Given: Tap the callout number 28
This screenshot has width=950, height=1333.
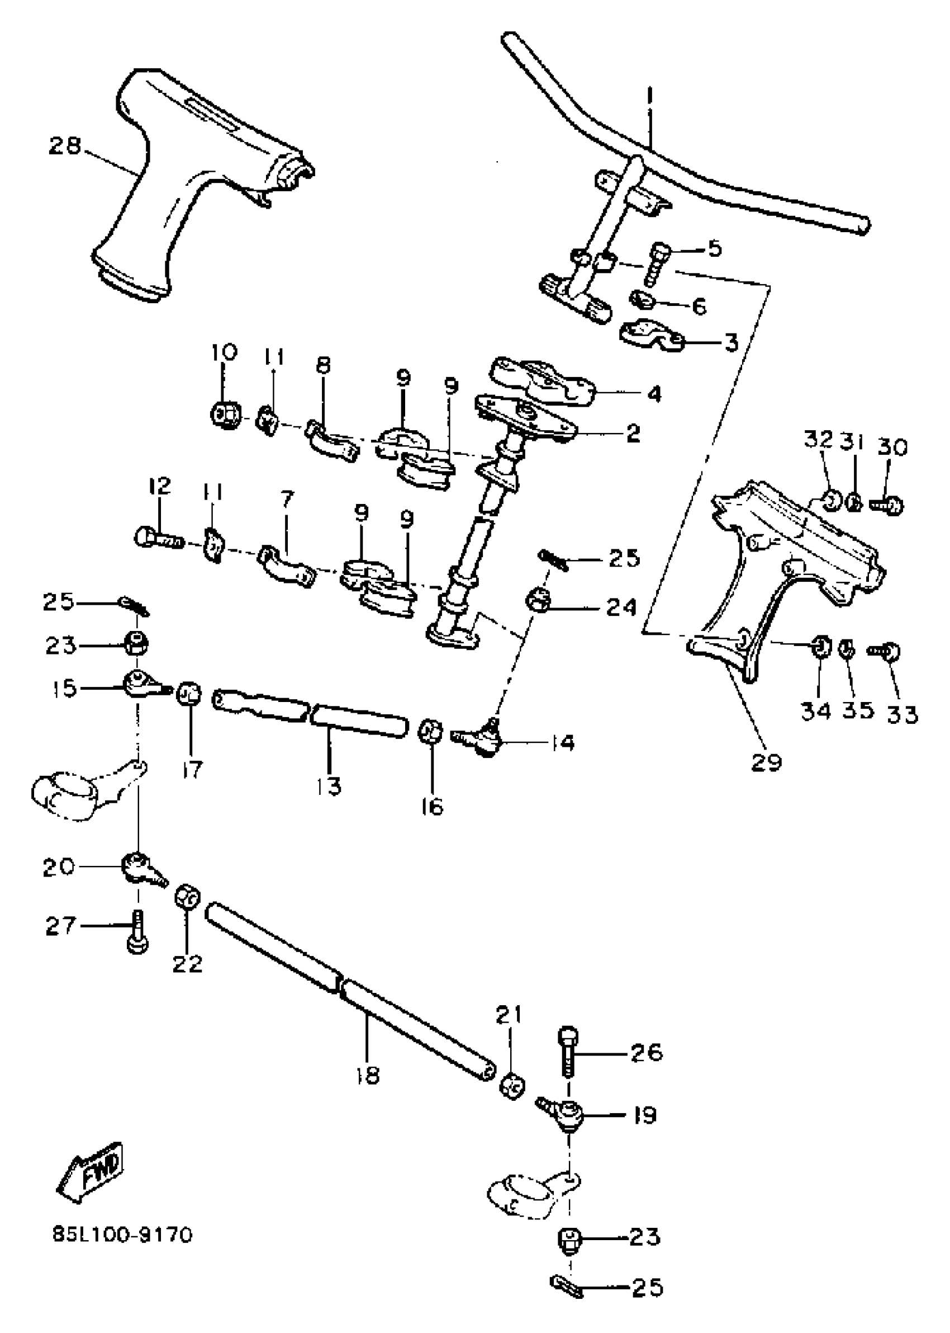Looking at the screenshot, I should coord(65,147).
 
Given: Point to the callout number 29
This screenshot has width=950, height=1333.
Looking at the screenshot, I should coord(767,762).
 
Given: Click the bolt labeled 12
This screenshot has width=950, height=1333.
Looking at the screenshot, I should coord(159,537).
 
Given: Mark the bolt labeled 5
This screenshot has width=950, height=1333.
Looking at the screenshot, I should coord(657,265).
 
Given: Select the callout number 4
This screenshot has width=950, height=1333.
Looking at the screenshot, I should coord(654,394).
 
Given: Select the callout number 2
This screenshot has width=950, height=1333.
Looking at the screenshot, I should coord(633,433).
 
